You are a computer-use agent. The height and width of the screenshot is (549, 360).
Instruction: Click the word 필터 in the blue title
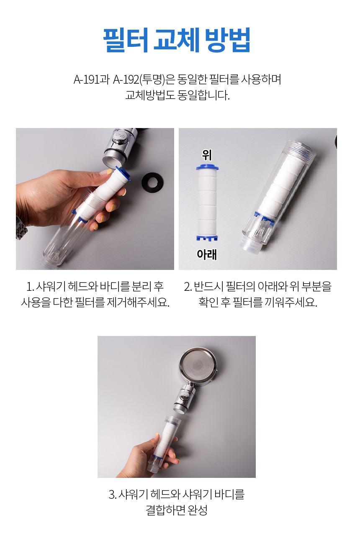pos(126,40)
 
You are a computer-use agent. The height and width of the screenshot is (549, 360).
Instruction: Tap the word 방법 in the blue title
pos(227,40)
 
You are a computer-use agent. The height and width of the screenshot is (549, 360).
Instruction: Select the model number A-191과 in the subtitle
pos(91,80)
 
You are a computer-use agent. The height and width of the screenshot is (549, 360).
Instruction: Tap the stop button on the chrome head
pos(120,136)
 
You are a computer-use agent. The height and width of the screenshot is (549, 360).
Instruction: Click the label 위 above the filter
pos(207,155)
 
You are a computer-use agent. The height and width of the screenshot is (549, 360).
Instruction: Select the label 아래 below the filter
pos(207,254)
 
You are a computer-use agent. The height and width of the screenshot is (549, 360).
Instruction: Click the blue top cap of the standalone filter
pos(208,167)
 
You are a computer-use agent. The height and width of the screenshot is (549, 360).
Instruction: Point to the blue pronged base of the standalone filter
pos(207,238)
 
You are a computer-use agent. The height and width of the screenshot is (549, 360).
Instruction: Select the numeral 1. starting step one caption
pos(30,287)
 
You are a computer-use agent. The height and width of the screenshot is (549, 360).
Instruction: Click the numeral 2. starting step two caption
pos(188,287)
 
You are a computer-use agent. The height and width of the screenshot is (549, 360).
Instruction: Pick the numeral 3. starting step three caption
pos(113,494)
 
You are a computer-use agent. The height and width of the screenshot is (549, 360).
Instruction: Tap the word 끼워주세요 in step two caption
pos(291,302)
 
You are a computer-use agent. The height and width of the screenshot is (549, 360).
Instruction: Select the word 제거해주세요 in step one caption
pos(138,302)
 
